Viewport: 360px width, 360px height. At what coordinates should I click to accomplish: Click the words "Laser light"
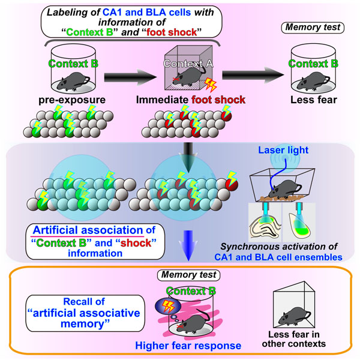[x=283, y=150]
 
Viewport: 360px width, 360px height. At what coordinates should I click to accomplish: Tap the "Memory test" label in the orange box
[x=189, y=275]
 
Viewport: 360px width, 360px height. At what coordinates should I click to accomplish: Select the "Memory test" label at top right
[x=313, y=28]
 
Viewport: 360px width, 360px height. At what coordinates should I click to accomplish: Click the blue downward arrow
[x=188, y=245]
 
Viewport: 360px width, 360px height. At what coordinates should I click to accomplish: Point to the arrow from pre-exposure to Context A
[x=130, y=77]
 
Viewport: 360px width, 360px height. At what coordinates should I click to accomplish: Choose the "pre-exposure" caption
[x=72, y=100]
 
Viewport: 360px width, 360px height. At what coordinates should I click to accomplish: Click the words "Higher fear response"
[x=188, y=346]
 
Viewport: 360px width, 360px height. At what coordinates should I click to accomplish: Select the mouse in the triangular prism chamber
[x=295, y=316]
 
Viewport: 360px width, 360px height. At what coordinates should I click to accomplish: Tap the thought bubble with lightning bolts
[x=168, y=307]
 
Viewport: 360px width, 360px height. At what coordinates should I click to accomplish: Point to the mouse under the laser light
[x=284, y=189]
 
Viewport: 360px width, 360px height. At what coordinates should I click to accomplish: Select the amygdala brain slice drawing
[x=299, y=224]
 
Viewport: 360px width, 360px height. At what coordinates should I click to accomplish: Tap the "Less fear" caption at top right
[x=314, y=100]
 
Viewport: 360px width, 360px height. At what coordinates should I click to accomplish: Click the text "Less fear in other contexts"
[x=294, y=339]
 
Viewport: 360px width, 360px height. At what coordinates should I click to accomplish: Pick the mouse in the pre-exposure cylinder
[x=73, y=81]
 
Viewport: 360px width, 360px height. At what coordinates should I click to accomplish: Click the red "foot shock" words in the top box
[x=172, y=32]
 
